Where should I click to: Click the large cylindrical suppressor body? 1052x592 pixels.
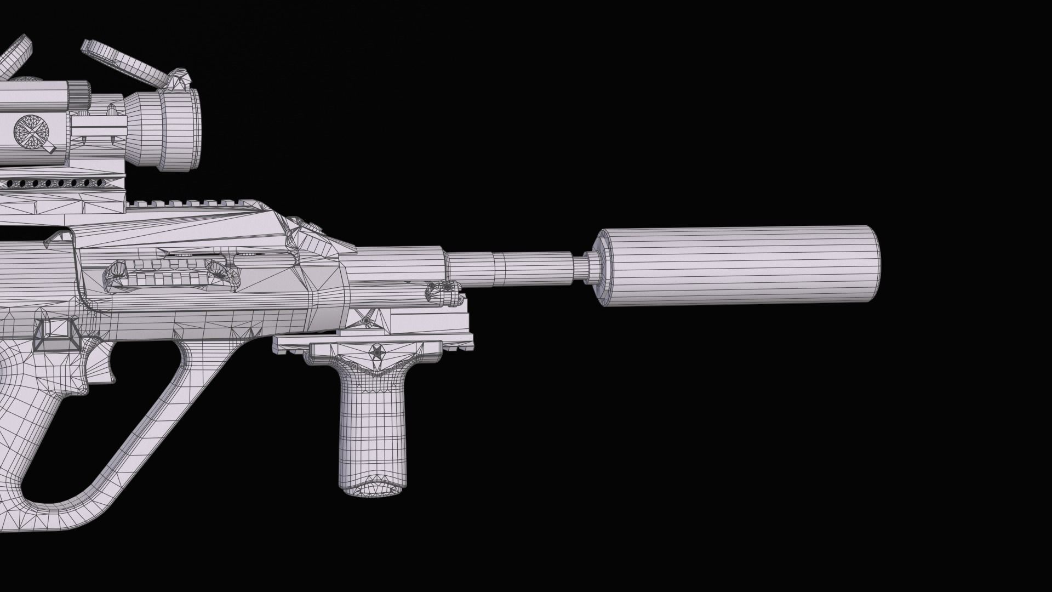coord(740,265)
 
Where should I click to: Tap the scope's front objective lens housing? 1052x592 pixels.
coord(181,129)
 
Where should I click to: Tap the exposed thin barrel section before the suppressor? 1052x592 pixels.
coord(510,269)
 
